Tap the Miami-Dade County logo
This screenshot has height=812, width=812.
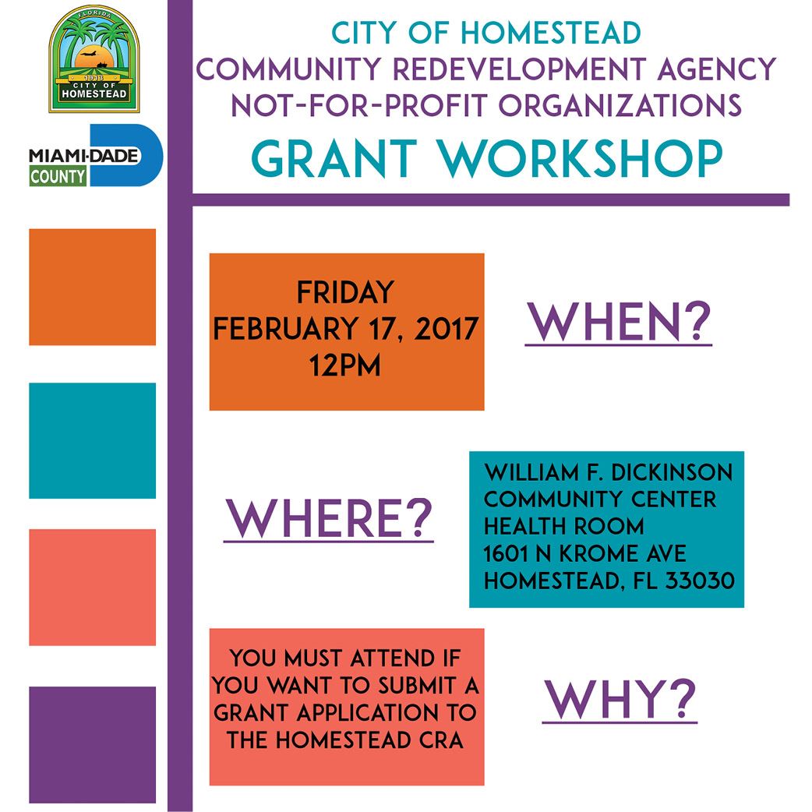95,156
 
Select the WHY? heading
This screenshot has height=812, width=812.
620,699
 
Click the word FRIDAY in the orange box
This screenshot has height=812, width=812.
345,293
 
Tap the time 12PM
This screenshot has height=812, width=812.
345,364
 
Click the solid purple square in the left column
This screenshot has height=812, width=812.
92,744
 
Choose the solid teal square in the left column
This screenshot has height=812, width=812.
92,440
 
